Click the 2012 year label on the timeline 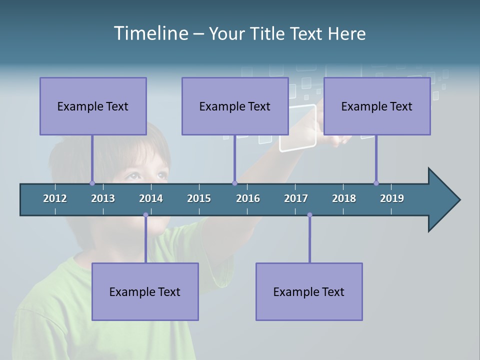(x=55, y=198)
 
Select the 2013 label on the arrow (x=103, y=198)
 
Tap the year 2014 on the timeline (x=151, y=198)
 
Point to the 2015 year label (x=199, y=198)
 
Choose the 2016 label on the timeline (x=248, y=198)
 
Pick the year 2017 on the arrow (x=296, y=198)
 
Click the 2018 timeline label (x=344, y=198)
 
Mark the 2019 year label (x=392, y=198)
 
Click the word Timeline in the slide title (x=150, y=33)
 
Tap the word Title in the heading (x=267, y=33)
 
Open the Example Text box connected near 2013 (x=93, y=106)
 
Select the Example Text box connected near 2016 (x=235, y=106)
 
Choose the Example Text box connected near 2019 (x=377, y=106)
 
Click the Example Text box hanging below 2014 (x=145, y=291)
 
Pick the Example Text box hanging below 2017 (x=309, y=291)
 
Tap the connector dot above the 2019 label (x=376, y=183)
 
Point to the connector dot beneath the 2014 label (x=145, y=215)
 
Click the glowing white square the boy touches (x=297, y=128)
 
